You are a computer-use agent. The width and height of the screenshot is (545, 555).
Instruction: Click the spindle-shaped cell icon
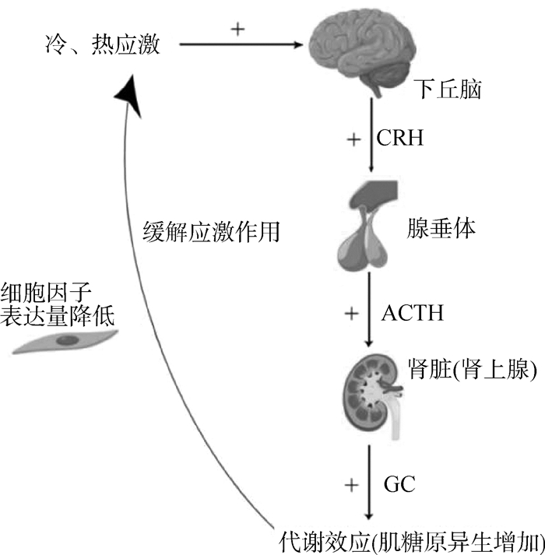point(65,340)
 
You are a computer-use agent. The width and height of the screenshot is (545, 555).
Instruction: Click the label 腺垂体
point(441,230)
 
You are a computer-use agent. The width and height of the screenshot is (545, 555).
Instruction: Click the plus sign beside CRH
point(353,140)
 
